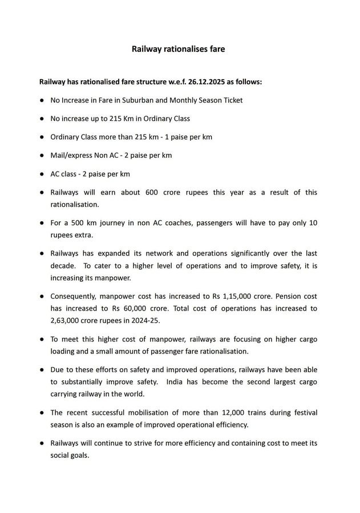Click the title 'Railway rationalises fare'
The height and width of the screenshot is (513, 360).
click(179, 49)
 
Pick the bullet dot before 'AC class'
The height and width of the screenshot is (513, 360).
click(42, 173)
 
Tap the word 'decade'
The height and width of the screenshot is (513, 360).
click(64, 266)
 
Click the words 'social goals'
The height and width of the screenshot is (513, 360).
click(70, 455)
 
